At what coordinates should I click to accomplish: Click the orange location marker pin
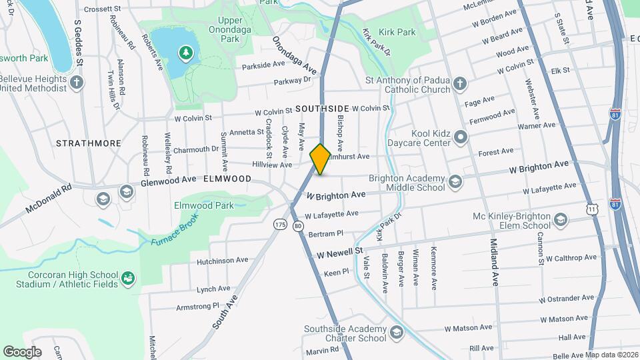click(321, 159)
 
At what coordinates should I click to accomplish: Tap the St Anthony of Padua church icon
click(459, 83)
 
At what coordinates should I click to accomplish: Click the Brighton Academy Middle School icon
click(455, 181)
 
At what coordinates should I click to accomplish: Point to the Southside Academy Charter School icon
click(397, 332)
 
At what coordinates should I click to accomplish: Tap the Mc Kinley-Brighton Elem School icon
click(561, 220)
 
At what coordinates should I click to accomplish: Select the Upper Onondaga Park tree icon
click(186, 51)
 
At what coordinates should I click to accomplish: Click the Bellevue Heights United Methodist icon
click(77, 83)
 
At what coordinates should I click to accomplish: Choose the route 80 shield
click(298, 226)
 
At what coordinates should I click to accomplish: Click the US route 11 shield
click(591, 209)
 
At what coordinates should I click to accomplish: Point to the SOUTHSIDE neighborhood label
click(322, 108)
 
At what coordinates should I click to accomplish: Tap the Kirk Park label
click(397, 32)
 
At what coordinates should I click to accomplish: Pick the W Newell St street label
click(339, 253)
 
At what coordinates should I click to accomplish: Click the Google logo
click(22, 351)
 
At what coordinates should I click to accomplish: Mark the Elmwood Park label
click(203, 205)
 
